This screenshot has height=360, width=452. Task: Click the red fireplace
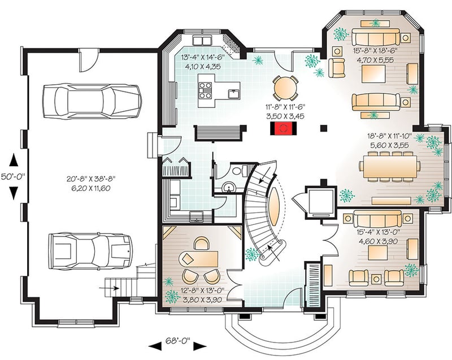pyautogui.click(x=282, y=129)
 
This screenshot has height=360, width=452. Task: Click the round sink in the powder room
pyautogui.click(x=228, y=186)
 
